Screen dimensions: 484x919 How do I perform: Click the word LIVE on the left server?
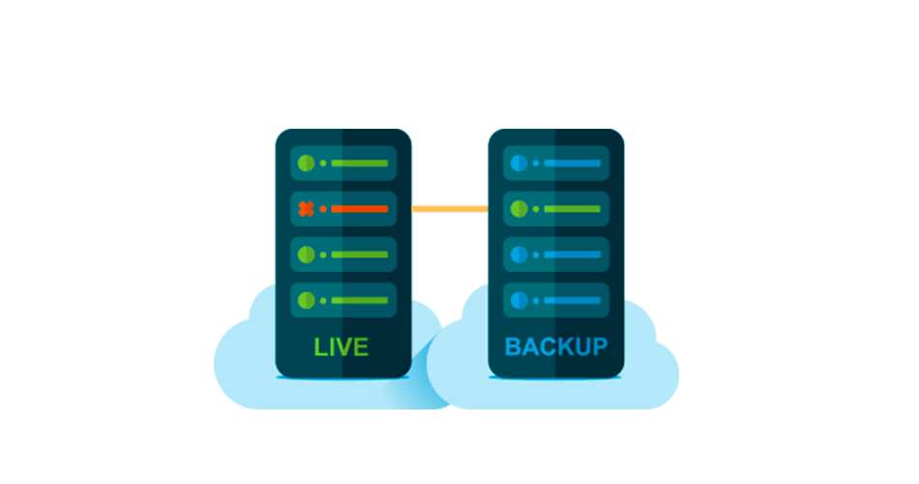(341, 347)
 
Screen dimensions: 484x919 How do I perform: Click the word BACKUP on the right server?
(556, 347)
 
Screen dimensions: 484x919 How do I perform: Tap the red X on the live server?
(306, 208)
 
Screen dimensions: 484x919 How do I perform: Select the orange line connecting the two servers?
(450, 208)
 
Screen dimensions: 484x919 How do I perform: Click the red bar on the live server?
(359, 208)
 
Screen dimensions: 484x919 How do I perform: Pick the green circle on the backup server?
(519, 208)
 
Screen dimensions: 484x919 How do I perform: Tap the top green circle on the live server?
(306, 163)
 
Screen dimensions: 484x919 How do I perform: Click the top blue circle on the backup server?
(519, 163)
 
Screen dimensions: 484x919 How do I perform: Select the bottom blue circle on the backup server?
(519, 300)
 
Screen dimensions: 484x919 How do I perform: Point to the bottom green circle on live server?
(306, 300)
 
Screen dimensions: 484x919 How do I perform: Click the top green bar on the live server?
(359, 163)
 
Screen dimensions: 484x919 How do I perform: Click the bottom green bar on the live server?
(359, 300)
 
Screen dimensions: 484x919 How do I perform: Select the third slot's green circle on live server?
(306, 255)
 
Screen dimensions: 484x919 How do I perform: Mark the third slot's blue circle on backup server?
(519, 255)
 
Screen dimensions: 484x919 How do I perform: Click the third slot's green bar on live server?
(359, 255)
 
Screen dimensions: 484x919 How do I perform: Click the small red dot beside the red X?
(323, 208)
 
